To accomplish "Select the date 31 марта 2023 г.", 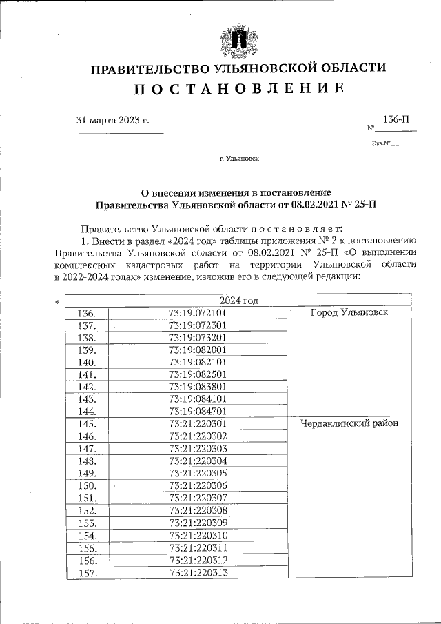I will [x=112, y=120].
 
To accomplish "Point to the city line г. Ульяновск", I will [x=238, y=159].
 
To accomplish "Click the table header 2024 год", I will [x=238, y=300].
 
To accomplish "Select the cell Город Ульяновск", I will [x=349, y=312].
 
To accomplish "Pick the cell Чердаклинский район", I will [x=349, y=423].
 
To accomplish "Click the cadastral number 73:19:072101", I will [x=198, y=312].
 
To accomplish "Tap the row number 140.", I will [x=87, y=362].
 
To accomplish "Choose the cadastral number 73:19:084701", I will [x=198, y=411].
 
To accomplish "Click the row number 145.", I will [x=87, y=423].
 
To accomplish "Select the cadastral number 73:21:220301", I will [x=198, y=423].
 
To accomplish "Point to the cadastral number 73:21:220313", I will [x=198, y=572].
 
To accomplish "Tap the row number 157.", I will [x=87, y=572].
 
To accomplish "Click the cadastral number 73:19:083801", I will [x=198, y=386].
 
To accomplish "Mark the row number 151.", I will [x=87, y=498].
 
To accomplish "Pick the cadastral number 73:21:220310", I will [x=198, y=534].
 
